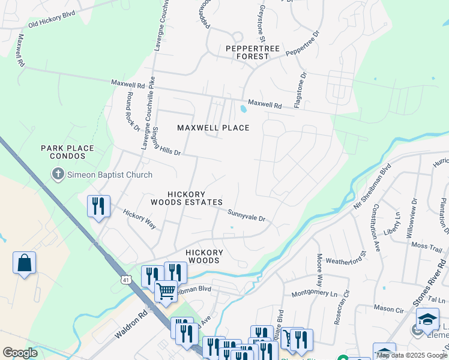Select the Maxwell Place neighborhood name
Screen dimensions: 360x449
[213, 127]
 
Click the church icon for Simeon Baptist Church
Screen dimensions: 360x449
[58, 175]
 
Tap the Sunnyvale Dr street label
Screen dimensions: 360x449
[246, 215]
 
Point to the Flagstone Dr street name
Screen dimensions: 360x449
[300, 90]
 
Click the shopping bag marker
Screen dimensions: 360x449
[24, 263]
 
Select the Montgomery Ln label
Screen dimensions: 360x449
[315, 293]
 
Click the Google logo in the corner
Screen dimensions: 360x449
[20, 352]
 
